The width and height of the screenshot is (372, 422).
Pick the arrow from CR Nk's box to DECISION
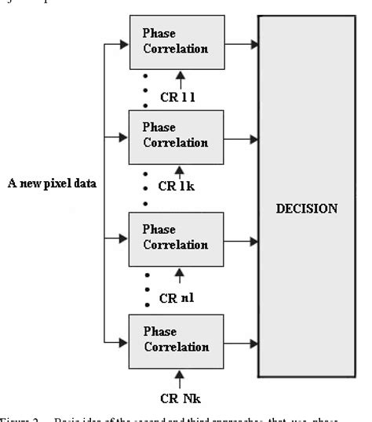click(242, 339)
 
